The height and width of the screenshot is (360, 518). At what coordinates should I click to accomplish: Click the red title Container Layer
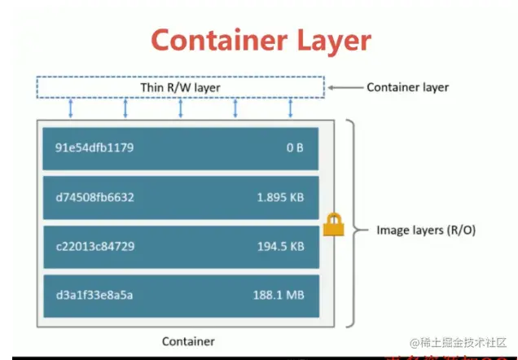261,40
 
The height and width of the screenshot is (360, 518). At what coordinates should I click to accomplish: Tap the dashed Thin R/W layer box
180,87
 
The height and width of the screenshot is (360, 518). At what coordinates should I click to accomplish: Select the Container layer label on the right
407,87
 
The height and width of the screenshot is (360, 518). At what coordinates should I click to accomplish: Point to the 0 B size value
295,148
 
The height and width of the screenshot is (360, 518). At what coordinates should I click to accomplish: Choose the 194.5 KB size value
281,245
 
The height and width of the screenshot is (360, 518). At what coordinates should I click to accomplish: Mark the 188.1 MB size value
279,294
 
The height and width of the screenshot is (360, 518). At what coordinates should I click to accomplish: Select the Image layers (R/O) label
425,230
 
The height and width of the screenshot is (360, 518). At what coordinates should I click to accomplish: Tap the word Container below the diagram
188,341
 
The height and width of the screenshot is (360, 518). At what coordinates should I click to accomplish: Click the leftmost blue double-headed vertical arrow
71,108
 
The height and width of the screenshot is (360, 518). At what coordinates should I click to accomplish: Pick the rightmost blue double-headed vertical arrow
290,108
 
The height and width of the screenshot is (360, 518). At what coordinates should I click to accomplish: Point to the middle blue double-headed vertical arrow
180,108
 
